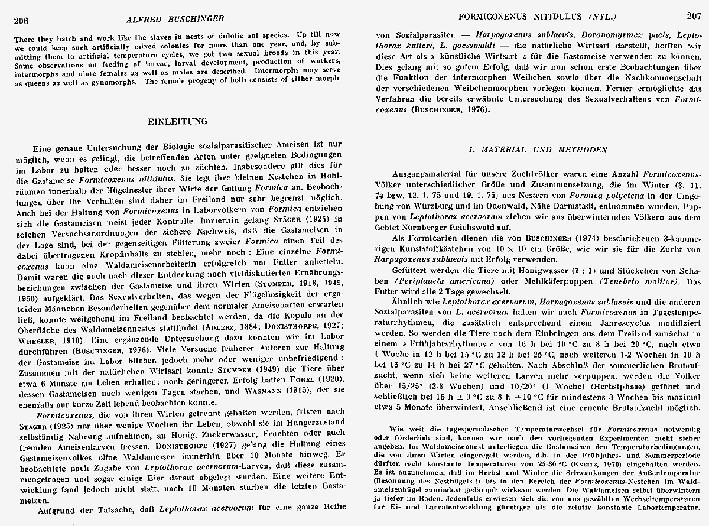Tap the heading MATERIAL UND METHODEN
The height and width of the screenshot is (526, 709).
(x=537, y=150)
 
